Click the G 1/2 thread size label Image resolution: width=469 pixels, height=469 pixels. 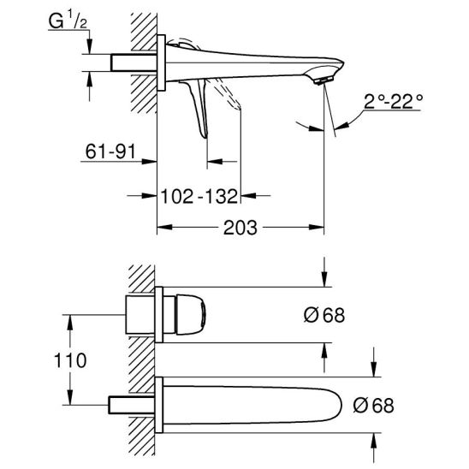pos(68,21)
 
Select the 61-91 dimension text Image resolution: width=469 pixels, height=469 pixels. pos(110,151)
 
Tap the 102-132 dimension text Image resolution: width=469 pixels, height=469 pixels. pos(199,196)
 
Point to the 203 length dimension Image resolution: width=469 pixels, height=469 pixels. pos(240,228)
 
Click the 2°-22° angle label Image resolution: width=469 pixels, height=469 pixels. pos(393,102)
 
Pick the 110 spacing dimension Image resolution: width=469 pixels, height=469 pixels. pos(70,360)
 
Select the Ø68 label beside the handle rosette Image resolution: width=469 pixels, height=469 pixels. pos(324,315)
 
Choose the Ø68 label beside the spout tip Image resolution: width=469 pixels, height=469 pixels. pos(373,406)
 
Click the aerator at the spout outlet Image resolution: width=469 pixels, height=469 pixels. pos(323,80)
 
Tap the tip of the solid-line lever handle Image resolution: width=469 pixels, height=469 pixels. pos(205,137)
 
